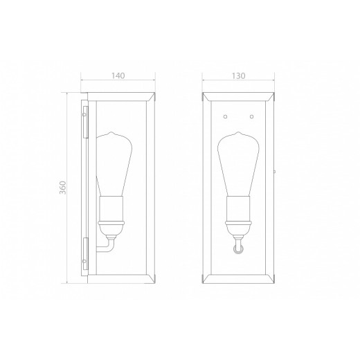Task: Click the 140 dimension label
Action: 118,75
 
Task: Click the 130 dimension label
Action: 239,75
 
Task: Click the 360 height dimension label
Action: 63,188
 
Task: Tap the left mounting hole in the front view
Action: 226,116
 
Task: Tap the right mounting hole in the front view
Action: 252,116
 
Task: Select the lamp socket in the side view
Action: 111,208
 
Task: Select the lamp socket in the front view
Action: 238,208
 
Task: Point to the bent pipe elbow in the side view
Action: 110,245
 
